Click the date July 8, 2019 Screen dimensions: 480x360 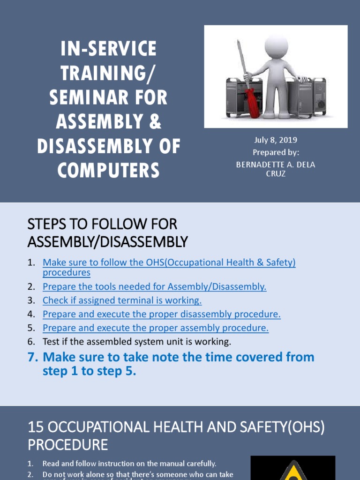(276, 140)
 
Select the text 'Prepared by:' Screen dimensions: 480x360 (276, 152)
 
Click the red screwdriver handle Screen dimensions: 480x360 (254, 104)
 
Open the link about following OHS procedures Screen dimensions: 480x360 (169, 263)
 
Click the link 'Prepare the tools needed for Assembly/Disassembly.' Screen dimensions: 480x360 (154, 286)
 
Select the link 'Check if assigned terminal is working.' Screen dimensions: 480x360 (122, 300)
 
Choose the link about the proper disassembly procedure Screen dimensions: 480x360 (161, 314)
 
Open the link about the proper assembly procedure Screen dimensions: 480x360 (155, 328)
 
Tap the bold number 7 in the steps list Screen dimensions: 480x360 (31, 357)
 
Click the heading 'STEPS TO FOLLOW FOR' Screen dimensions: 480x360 (102, 224)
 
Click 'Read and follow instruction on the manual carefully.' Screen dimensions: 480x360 (129, 464)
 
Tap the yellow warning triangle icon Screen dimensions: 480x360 (293, 471)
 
